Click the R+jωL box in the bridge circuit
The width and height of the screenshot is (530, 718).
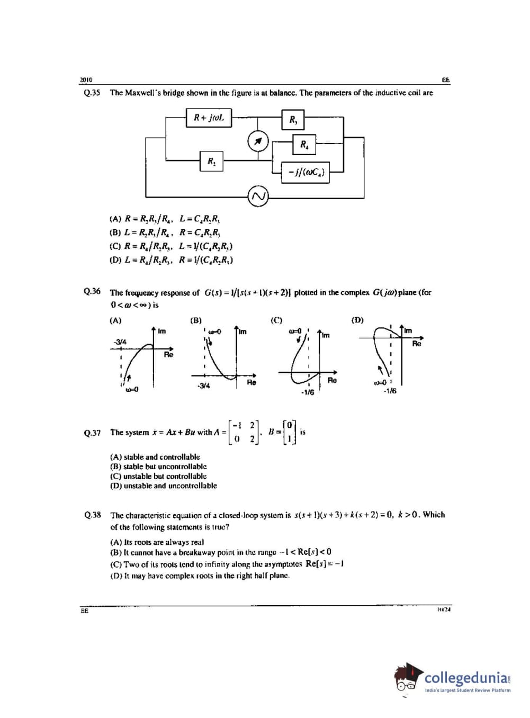tap(209, 118)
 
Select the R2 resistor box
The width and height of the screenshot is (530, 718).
tap(211, 161)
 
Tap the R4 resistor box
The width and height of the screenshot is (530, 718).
tap(304, 144)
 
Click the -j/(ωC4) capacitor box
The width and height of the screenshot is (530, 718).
tap(305, 172)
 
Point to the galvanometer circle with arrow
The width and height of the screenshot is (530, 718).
tap(258, 141)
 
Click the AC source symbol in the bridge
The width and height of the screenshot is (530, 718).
tap(258, 196)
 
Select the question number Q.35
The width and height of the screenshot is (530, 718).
tap(92, 93)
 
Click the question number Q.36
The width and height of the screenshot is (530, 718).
tap(92, 292)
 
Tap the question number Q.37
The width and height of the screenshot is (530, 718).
tap(92, 433)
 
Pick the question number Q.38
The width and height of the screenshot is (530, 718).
tap(92, 514)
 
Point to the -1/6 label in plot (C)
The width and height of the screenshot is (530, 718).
tap(307, 392)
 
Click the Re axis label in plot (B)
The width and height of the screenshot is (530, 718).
tap(251, 382)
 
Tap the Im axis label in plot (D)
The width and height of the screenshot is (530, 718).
tap(408, 331)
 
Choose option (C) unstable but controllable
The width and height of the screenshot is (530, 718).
tap(158, 476)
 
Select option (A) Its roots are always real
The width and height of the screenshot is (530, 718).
tap(157, 542)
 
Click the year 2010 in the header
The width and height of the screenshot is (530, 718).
tap(86, 80)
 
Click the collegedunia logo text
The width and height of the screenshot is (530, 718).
tap(468, 677)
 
